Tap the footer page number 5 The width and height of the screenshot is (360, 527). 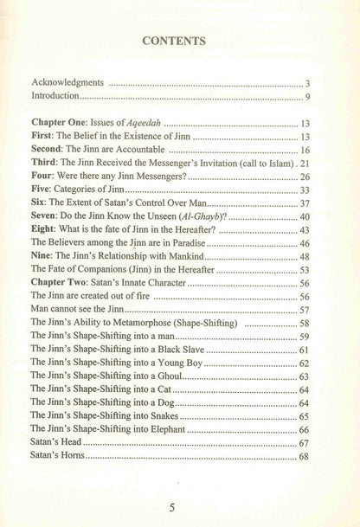coord(178,498)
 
